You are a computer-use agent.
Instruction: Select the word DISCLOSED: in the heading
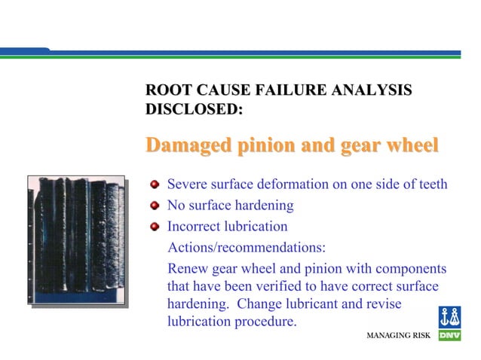click(193, 110)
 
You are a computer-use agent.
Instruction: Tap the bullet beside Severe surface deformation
click(155, 185)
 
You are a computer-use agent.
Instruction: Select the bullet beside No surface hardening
click(155, 205)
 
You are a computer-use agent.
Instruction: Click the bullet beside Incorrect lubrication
click(155, 226)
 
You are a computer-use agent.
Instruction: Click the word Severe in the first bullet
click(187, 185)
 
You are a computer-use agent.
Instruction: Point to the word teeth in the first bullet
click(432, 185)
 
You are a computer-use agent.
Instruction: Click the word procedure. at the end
click(266, 323)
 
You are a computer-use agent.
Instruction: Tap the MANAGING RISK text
click(397, 334)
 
